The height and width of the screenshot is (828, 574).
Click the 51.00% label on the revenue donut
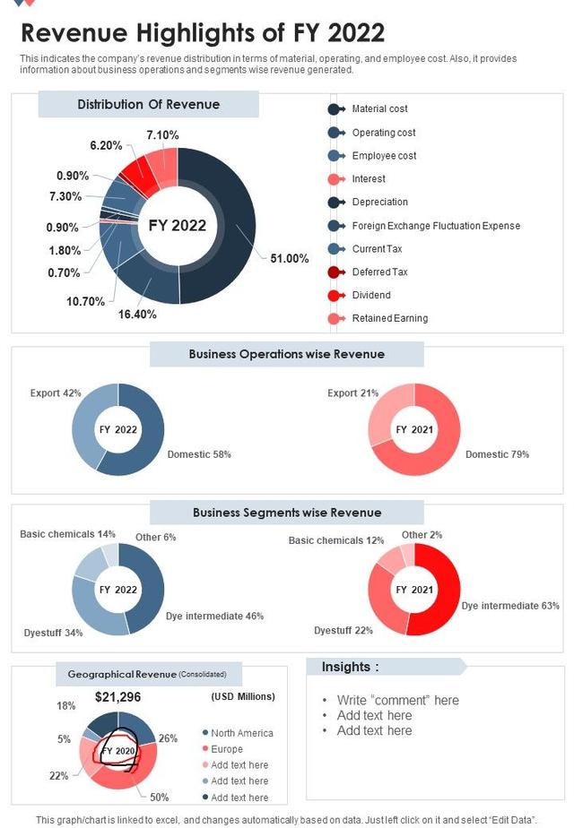(290, 259)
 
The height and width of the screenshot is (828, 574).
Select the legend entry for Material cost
(379, 109)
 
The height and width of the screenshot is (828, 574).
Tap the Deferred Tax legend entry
(379, 272)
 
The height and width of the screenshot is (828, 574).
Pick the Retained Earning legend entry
(389, 318)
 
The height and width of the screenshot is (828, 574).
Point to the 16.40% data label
(137, 315)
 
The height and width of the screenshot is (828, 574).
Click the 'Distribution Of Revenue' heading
(149, 105)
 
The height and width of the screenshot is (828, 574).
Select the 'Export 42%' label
(56, 393)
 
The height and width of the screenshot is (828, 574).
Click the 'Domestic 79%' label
(497, 454)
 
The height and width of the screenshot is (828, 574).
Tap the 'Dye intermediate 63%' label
(510, 606)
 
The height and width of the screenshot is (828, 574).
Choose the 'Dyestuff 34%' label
(54, 633)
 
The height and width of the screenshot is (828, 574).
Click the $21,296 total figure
(118, 696)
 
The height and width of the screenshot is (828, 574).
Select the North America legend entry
(242, 733)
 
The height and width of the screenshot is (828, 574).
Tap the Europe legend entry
(227, 749)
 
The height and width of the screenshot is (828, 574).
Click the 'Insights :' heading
(350, 667)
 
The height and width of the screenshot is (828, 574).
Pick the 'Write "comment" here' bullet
(397, 700)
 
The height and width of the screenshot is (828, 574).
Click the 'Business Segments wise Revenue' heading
(287, 513)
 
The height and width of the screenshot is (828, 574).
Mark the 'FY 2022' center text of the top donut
(178, 226)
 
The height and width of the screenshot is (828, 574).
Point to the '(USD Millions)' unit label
(243, 696)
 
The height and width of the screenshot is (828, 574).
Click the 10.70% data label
(86, 301)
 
